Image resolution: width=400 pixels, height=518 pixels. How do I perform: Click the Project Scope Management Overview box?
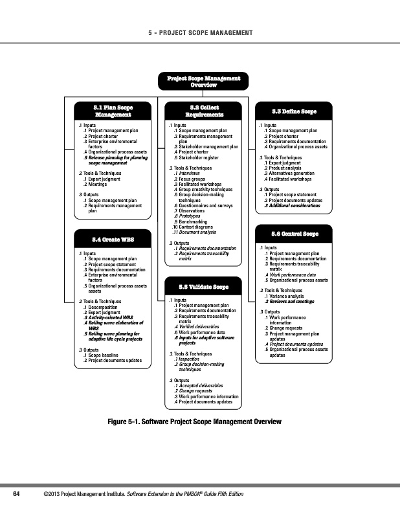[x=203, y=82]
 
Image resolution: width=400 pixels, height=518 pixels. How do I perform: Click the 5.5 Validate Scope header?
[x=203, y=286]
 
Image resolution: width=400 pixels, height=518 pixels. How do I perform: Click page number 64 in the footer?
[x=18, y=495]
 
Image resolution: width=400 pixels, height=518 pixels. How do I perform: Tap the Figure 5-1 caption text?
[x=195, y=422]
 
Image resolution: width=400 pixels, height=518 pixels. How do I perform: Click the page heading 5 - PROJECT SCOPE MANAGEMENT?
[x=199, y=33]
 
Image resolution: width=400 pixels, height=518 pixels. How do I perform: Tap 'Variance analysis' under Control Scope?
[x=287, y=296]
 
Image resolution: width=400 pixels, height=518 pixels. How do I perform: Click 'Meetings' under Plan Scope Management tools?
[x=98, y=183]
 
